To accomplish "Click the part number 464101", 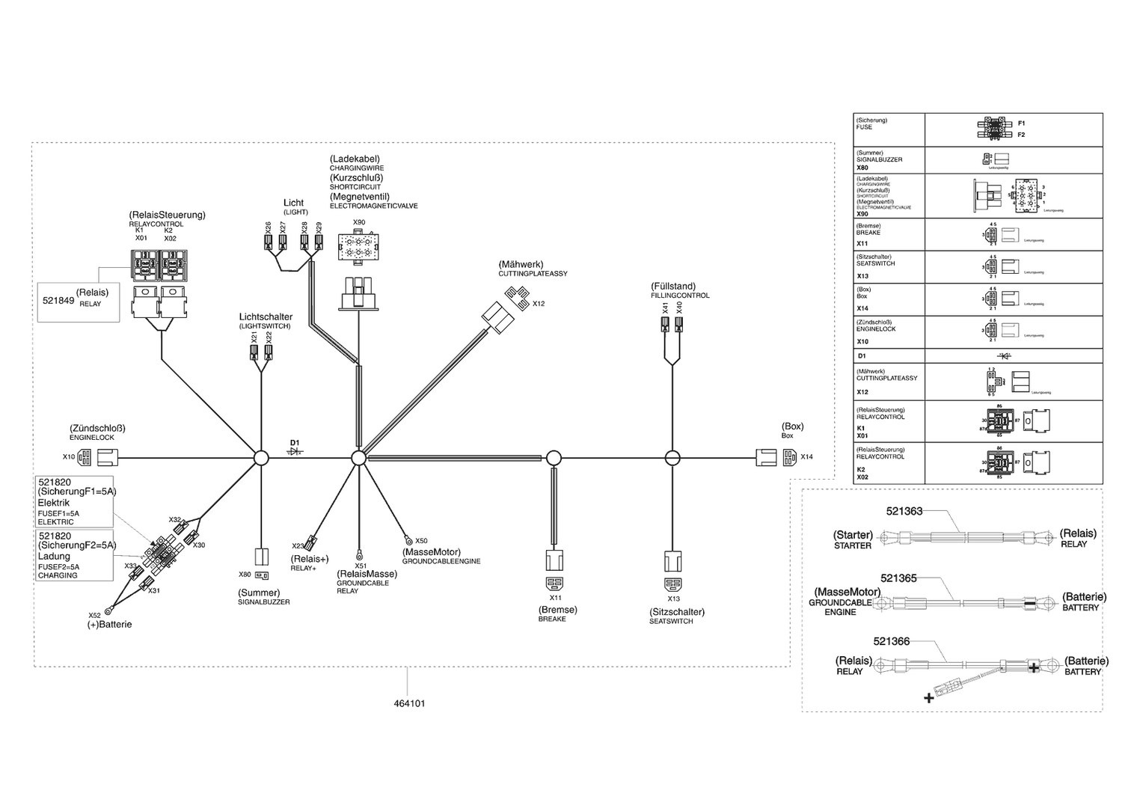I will point(409,704).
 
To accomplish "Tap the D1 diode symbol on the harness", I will point(295,453).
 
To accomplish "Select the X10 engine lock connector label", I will point(69,456).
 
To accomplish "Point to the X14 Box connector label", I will point(806,456).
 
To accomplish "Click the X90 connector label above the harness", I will point(359,222).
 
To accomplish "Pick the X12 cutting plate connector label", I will point(539,304).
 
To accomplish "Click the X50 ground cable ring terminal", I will point(408,539).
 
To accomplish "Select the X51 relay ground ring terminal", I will point(359,554).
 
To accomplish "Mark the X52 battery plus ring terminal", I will point(109,610).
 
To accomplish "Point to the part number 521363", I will point(904,512).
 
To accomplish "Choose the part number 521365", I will point(898,578).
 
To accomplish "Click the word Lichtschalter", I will point(266,317).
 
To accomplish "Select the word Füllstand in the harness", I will point(673,287).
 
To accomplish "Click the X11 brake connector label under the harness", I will point(556,598).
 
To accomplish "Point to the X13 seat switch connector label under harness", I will point(674,599).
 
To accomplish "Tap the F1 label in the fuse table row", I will point(1021,123).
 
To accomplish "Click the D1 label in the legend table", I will point(861,356).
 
